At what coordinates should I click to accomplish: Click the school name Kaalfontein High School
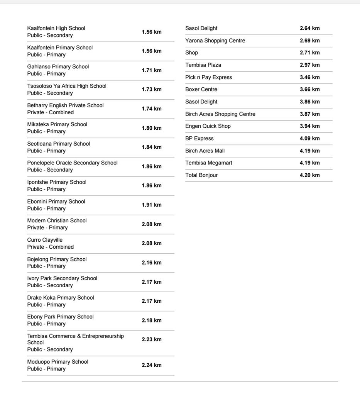pos(56,28)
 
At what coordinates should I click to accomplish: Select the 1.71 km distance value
pos(152,70)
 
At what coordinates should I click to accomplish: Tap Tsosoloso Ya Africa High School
pos(67,86)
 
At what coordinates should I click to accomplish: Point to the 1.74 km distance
pos(152,109)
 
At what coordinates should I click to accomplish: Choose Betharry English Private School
pos(66,105)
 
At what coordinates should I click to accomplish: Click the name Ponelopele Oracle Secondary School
pos(73,163)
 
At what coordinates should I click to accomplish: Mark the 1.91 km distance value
pos(152,205)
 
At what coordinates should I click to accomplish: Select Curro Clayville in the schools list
pos(45,240)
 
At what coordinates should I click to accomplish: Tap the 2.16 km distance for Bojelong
pos(152,263)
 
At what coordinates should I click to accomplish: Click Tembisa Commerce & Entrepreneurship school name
pos(76,336)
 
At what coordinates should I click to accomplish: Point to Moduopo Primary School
pos(58,362)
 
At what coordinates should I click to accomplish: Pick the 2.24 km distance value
pos(152,365)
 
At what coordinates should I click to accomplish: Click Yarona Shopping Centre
pos(215,41)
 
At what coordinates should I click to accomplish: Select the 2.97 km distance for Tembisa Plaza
pos(310,65)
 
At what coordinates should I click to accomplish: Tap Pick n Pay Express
pos(209,77)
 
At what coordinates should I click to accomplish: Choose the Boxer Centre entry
pos(201,90)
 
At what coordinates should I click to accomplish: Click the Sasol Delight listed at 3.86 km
pos(201,102)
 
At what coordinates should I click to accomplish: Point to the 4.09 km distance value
pos(310,138)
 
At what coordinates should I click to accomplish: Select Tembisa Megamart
pos(209,163)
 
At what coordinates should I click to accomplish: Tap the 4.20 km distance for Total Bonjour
pos(310,175)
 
